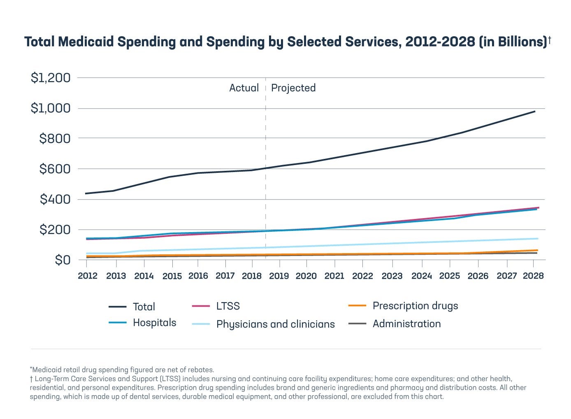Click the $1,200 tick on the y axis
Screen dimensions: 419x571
click(x=51, y=77)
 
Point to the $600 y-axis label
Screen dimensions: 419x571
click(x=55, y=169)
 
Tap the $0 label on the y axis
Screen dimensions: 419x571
click(x=63, y=260)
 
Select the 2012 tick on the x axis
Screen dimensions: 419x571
click(x=88, y=276)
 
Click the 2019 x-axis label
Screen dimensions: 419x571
click(x=279, y=276)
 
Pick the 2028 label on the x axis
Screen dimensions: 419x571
click(x=533, y=276)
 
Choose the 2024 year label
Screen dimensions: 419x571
click(x=422, y=276)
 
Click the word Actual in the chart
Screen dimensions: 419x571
click(x=244, y=88)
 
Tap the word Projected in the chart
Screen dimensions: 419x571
click(x=293, y=88)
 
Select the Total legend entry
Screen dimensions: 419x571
click(x=144, y=307)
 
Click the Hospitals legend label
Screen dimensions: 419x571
click(x=154, y=323)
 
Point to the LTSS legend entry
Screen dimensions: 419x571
click(x=228, y=306)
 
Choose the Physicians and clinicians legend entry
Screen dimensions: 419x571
click(x=275, y=324)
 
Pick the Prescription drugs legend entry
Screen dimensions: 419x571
click(x=415, y=306)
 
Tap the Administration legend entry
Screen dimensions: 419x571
click(x=406, y=324)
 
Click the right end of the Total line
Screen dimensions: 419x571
click(x=535, y=111)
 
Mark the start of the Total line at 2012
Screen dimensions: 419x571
click(x=86, y=193)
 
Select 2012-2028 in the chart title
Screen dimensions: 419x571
click(x=440, y=42)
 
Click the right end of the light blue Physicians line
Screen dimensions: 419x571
click(x=537, y=239)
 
